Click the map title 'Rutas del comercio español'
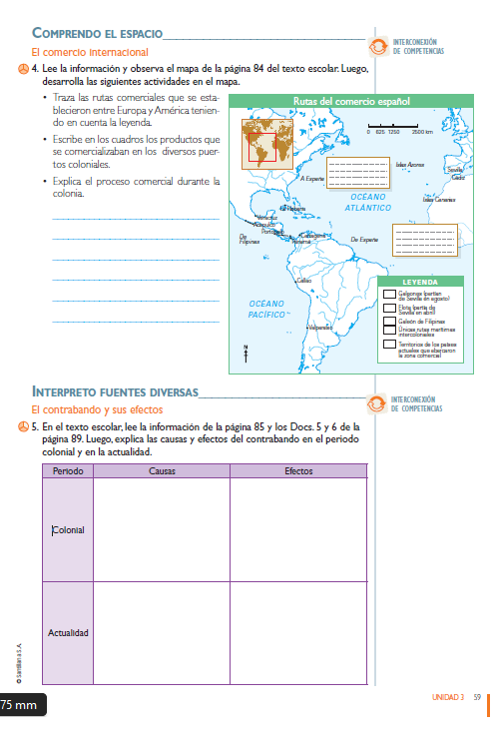click(350, 101)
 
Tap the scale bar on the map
click(395, 126)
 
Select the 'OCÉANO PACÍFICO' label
click(266, 308)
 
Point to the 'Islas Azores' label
click(409, 164)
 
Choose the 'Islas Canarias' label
click(438, 200)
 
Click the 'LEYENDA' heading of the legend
click(420, 282)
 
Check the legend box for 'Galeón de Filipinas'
click(390, 323)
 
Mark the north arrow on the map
click(246, 353)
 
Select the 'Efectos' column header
click(298, 470)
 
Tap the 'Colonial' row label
click(68, 530)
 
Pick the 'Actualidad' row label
click(68, 633)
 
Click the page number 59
click(478, 697)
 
